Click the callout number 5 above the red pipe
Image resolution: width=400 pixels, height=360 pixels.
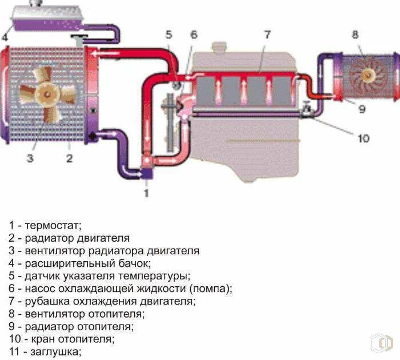(169, 35)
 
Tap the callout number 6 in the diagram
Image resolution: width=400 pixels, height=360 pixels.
(194, 35)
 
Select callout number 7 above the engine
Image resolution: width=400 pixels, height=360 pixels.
(266, 35)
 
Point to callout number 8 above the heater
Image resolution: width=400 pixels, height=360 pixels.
(355, 35)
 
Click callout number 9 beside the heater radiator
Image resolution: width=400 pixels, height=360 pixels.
(362, 109)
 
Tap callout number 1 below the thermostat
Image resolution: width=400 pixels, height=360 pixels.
(146, 193)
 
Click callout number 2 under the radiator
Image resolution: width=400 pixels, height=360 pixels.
(69, 159)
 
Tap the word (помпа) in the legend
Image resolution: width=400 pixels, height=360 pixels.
(210, 289)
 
